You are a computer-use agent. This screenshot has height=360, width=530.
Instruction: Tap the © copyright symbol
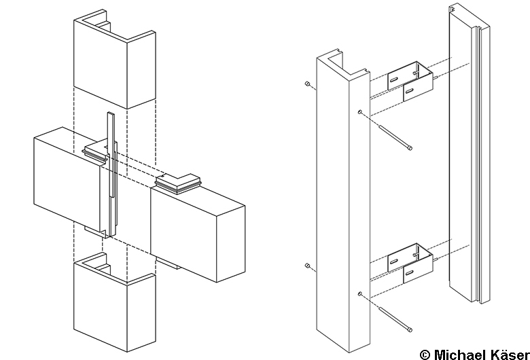click(x=425, y=355)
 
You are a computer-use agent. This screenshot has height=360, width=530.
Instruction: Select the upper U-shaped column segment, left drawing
click(x=115, y=59)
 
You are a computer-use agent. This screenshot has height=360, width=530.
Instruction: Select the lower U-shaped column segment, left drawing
click(x=115, y=302)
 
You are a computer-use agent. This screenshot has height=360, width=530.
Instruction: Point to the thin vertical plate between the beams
click(x=111, y=174)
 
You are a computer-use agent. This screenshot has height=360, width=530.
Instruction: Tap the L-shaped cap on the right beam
click(x=178, y=184)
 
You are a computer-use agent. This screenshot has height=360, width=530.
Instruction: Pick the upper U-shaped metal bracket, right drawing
click(x=410, y=81)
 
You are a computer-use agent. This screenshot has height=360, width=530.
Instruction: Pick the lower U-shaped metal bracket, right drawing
click(x=410, y=263)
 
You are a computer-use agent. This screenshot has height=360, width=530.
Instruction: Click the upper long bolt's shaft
click(x=393, y=136)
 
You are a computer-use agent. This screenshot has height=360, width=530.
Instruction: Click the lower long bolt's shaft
click(x=393, y=318)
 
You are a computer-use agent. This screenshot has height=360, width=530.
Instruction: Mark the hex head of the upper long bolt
click(x=410, y=147)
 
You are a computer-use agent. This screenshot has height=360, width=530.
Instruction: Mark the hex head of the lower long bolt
click(x=410, y=329)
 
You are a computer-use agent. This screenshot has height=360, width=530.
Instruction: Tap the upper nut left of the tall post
click(x=307, y=84)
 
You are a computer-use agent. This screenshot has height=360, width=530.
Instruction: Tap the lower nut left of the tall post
click(x=307, y=266)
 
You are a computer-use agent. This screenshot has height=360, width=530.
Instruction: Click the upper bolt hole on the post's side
click(x=360, y=112)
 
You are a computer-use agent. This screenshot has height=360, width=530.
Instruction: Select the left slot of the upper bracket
click(x=394, y=79)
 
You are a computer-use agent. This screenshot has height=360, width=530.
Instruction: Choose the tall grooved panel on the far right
click(x=470, y=153)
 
